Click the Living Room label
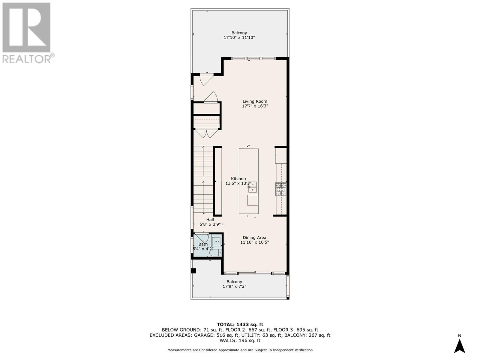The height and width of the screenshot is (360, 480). coord(255,101)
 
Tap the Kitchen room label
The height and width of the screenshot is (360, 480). coord(238,178)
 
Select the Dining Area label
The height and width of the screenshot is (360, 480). coord(254,238)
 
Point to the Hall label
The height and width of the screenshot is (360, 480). coord(210,220)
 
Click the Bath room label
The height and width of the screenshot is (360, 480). coord(203,244)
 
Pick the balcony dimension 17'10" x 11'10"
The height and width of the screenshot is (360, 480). coord(239,38)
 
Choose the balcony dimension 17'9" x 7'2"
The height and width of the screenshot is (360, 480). coord(234,286)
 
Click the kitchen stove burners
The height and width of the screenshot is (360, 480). coord(281,189)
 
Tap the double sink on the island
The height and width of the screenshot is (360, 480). coord(252,187)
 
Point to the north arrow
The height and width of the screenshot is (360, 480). coord(459,346)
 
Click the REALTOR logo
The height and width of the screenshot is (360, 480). coord(27,33)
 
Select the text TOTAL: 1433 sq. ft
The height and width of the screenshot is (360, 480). coord(240,324)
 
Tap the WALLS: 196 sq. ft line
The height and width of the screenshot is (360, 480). coord(240,340)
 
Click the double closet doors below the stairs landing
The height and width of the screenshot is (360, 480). coord(207,133)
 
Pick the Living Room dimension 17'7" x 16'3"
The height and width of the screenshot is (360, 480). coord(255,106)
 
